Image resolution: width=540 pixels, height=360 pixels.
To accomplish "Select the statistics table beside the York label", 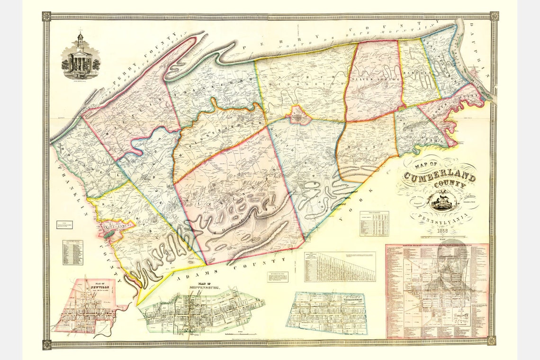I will pyautogui.click(x=374, y=223).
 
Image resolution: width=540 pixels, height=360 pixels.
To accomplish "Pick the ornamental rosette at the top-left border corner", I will pyautogui.click(x=46, y=17).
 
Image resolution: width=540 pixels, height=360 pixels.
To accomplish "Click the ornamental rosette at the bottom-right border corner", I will pyautogui.click(x=493, y=341).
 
